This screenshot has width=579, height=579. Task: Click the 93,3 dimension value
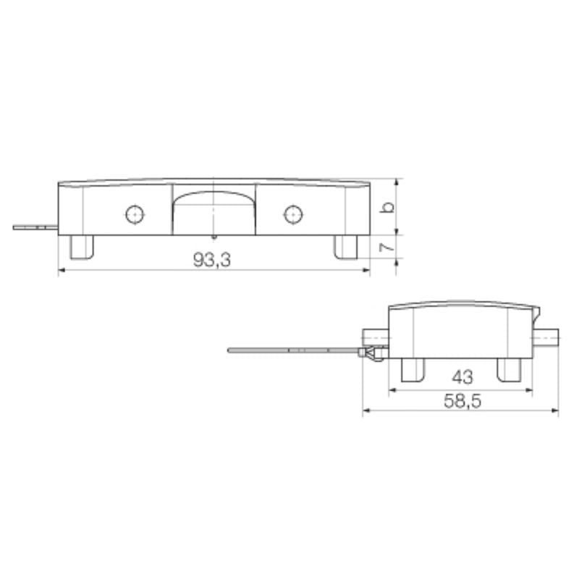click(x=212, y=260)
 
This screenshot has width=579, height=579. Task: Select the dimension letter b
click(x=389, y=207)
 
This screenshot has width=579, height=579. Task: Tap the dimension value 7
click(x=389, y=248)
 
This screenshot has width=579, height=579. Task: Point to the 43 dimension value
click(x=461, y=378)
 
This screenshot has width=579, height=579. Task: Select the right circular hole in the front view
click(x=292, y=214)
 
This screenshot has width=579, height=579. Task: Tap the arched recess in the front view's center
click(x=214, y=210)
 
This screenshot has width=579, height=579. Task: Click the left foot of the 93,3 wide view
click(x=82, y=246)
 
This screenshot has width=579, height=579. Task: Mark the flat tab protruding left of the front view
click(x=35, y=227)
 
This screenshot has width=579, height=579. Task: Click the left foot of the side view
click(x=413, y=369)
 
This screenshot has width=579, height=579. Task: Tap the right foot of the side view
click(x=509, y=369)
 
